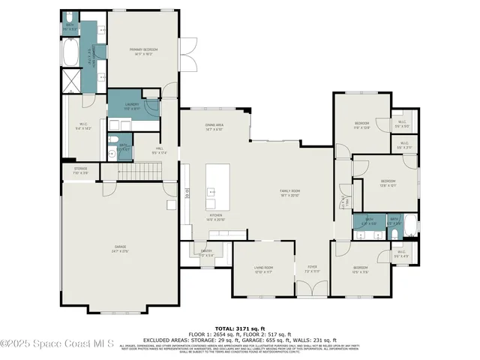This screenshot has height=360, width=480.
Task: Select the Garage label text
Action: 120,250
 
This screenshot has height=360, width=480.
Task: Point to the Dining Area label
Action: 214,126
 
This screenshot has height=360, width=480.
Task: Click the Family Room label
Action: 289,193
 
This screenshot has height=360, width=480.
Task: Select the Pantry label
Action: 206,253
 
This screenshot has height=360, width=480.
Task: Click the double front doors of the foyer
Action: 312,288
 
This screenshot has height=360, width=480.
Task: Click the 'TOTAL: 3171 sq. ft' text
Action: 239,328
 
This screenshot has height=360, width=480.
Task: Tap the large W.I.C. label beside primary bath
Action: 84,127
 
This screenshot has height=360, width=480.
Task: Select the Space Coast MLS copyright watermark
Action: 57,344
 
